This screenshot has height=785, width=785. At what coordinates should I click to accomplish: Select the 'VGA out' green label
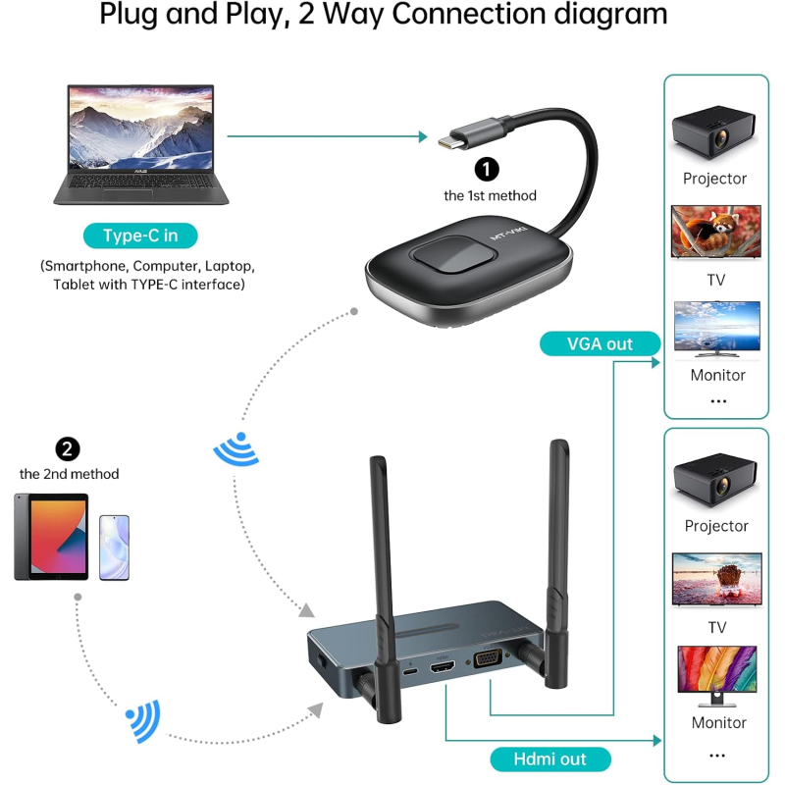[x=601, y=343]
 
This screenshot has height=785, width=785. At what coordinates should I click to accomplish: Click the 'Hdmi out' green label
[x=549, y=759]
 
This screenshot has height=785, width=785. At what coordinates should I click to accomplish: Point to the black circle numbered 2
[x=68, y=448]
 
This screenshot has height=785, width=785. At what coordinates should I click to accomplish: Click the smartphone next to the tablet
[x=114, y=547]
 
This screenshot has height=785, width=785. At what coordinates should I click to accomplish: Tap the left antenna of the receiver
[x=381, y=549]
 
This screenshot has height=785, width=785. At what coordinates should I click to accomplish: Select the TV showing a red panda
[x=715, y=232]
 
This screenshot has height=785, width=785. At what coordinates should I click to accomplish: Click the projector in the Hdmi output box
[x=715, y=478]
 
